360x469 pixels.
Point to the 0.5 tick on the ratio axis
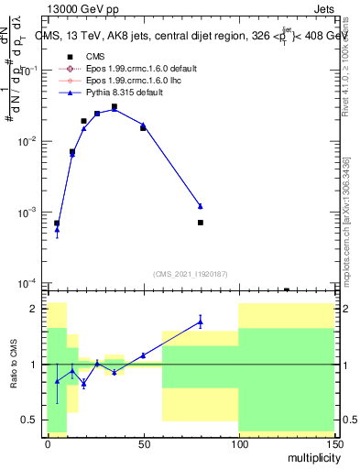(33, 420)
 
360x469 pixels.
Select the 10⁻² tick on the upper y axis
(29, 142)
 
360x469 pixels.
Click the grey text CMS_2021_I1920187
(190, 273)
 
